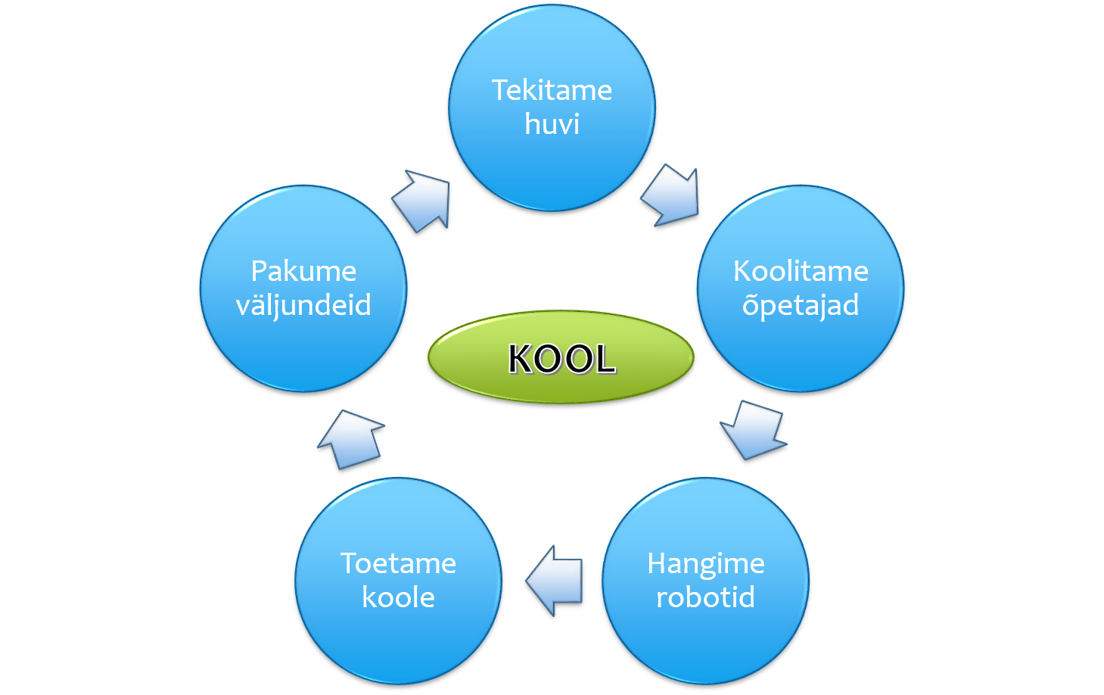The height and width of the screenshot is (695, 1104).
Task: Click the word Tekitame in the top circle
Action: (552, 90)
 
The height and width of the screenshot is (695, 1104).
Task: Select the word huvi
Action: (552, 123)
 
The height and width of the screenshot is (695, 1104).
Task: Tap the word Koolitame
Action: (801, 271)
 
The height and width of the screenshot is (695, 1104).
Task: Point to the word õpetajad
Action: (801, 306)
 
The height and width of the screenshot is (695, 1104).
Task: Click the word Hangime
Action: (706, 565)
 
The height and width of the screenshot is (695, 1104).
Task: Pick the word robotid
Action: (705, 597)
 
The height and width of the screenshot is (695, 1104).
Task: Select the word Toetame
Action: (398, 563)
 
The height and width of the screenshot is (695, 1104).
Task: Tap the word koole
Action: (398, 597)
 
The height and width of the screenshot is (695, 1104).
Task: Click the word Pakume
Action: (303, 271)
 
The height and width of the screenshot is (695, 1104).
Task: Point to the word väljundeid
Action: (303, 306)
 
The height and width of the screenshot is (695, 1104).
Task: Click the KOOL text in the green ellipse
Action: (561, 359)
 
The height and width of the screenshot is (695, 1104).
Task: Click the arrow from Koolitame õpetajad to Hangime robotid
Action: (753, 429)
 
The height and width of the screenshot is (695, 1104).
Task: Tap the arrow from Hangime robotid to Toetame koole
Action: (554, 581)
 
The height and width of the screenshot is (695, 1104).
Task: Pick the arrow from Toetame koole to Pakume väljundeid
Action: (351, 439)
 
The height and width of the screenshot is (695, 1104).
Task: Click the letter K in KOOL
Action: (521, 359)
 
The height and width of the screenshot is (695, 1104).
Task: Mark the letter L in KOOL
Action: (605, 359)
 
